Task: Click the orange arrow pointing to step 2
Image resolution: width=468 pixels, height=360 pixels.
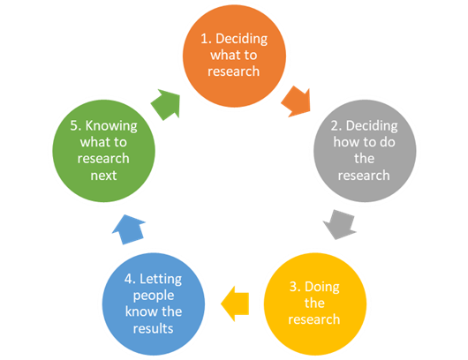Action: click(297, 101)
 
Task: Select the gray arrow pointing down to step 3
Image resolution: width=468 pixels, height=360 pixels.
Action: click(340, 224)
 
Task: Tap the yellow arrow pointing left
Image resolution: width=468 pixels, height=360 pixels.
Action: click(235, 304)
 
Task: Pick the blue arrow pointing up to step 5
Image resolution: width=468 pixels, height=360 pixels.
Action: click(129, 229)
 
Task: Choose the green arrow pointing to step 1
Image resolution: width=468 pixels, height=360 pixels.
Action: click(167, 104)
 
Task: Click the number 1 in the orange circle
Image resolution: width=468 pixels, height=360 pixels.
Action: click(205, 39)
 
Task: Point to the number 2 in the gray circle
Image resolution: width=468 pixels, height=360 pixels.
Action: click(336, 126)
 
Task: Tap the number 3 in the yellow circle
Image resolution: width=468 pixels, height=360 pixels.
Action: click(294, 287)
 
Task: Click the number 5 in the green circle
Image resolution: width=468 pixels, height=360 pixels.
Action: click(75, 126)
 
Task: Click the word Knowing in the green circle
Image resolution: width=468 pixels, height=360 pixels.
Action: click(111, 126)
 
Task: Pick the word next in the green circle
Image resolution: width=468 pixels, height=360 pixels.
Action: click(103, 176)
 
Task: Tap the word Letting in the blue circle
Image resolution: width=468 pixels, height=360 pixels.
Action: click(161, 280)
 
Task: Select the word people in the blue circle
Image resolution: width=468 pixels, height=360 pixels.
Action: click(154, 296)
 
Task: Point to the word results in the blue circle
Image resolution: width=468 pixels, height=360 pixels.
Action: click(153, 328)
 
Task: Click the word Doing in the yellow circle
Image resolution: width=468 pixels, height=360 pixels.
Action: click(322, 288)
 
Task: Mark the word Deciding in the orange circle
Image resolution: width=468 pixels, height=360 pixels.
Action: click(241, 40)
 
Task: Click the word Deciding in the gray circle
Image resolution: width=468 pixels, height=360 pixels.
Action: click(372, 126)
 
